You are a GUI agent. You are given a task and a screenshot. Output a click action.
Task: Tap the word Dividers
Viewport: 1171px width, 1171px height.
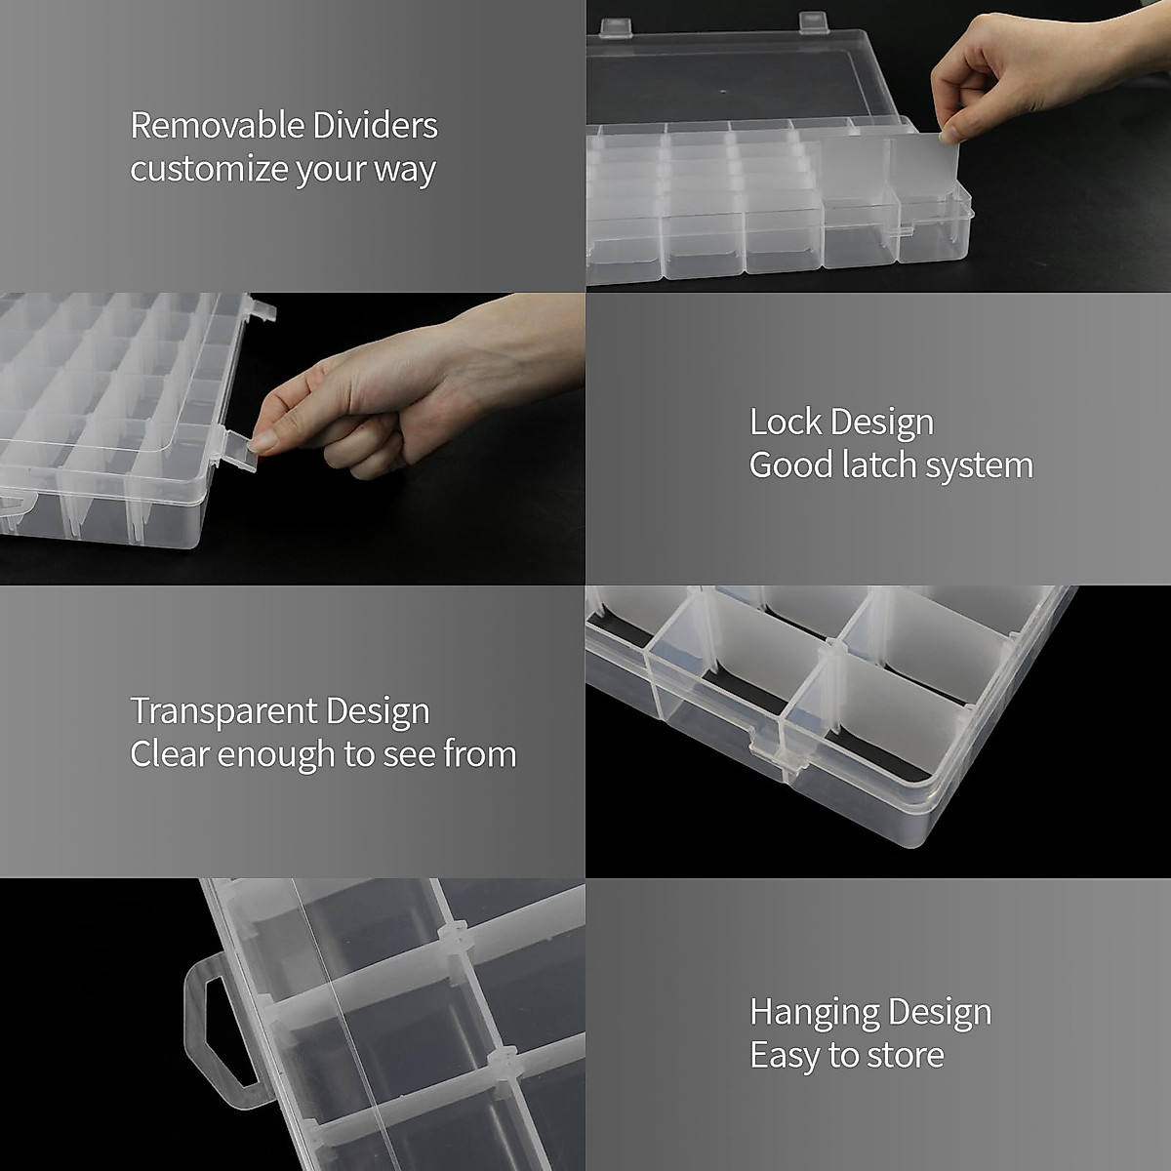tap(376, 126)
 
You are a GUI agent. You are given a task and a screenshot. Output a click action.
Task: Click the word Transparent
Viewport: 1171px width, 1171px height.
tap(227, 710)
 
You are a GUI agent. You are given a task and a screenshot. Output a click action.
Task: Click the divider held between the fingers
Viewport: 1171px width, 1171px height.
tap(927, 181)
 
